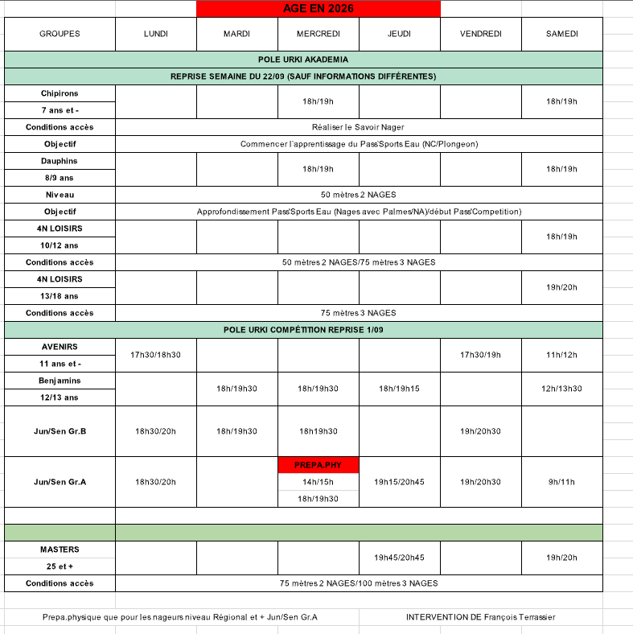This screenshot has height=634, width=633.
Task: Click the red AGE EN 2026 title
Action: pos(318,9)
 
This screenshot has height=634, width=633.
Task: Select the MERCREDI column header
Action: pos(318,34)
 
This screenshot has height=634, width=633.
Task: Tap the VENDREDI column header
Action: pos(481,34)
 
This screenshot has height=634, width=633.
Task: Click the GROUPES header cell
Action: pos(60,34)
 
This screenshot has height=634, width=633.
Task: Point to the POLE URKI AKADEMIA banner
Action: pos(303,60)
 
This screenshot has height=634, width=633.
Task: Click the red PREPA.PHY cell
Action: pos(318,464)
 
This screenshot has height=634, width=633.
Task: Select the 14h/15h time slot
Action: pos(318,482)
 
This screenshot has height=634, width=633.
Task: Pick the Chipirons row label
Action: pos(60,93)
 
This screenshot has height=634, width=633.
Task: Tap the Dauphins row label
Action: pos(60,161)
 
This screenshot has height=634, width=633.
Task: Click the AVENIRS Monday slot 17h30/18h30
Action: pos(156,355)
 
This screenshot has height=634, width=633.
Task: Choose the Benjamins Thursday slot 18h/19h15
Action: pos(399,389)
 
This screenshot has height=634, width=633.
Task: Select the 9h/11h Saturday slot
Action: pos(561,482)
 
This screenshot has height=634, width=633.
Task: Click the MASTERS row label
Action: pos(60,550)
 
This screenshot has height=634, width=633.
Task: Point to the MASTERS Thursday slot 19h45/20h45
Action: pos(399,558)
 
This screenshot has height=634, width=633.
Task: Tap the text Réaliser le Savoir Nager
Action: pos(358,127)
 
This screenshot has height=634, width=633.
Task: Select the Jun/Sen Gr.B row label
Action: pos(60,431)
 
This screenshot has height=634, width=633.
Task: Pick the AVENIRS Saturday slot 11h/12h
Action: pos(561,355)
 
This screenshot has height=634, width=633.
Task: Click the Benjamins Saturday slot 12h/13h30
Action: pos(561,389)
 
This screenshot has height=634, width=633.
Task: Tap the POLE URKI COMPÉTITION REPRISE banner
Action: pos(303,330)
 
